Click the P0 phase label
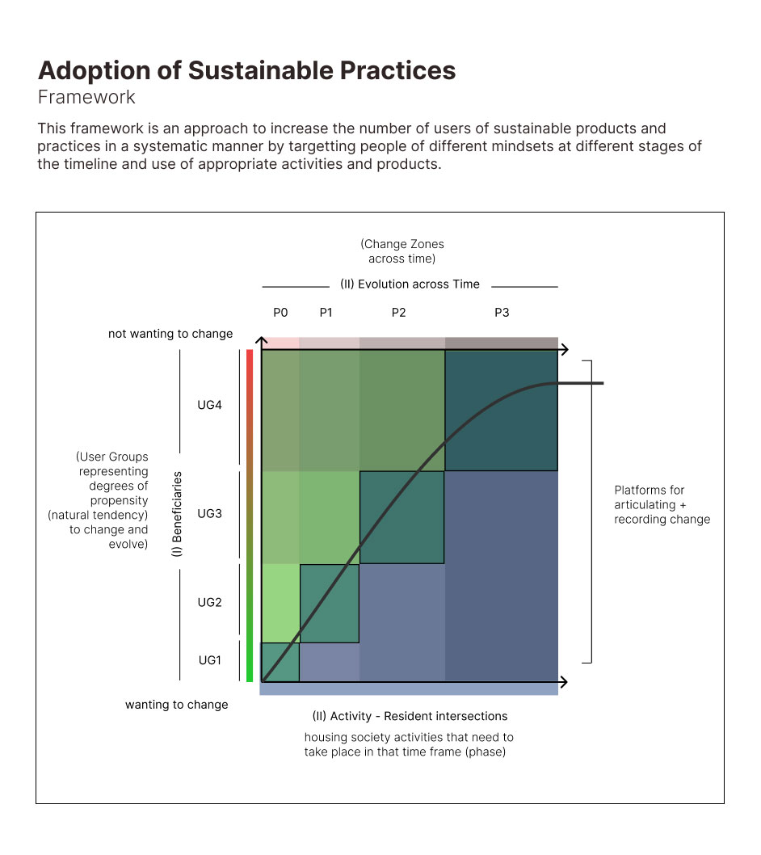tap(280, 313)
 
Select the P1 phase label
tap(326, 313)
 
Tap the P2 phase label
tap(398, 313)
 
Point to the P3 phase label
tap(502, 313)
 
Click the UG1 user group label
tap(209, 660)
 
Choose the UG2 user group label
tap(209, 602)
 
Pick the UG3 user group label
tap(209, 513)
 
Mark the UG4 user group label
tap(209, 405)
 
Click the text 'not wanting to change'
tap(170, 334)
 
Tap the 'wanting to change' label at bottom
tap(176, 705)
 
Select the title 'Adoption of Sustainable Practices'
tap(246, 70)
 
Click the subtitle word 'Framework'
tap(86, 98)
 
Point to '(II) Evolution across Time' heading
tap(410, 284)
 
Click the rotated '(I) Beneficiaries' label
tap(178, 514)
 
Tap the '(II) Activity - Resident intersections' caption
tap(410, 716)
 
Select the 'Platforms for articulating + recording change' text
tap(662, 504)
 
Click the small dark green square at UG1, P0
tap(280, 663)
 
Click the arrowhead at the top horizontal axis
tap(564, 349)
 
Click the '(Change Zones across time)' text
tap(402, 251)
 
